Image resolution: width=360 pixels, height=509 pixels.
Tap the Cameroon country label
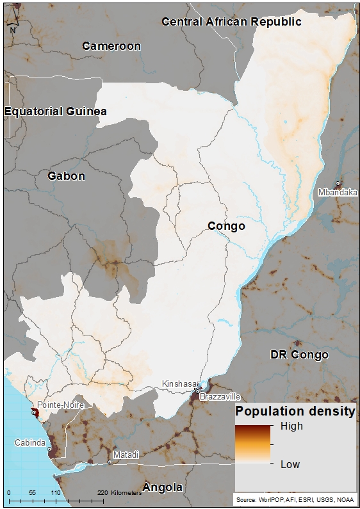[x=111, y=46]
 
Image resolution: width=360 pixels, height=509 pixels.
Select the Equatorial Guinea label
[x=56, y=111]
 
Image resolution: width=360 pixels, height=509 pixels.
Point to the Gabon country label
[x=66, y=175]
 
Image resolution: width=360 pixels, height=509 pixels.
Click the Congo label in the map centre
[x=227, y=226]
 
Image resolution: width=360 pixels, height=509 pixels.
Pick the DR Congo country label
[x=299, y=355]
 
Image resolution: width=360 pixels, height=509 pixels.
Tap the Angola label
[x=162, y=487]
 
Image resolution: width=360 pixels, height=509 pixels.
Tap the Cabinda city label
[x=30, y=442]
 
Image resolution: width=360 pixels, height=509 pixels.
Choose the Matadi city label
[x=126, y=454]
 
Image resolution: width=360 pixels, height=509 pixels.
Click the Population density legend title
[x=295, y=412]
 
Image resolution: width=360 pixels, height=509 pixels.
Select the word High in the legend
[x=291, y=426]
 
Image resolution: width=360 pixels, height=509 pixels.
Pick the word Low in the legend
[x=290, y=464]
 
